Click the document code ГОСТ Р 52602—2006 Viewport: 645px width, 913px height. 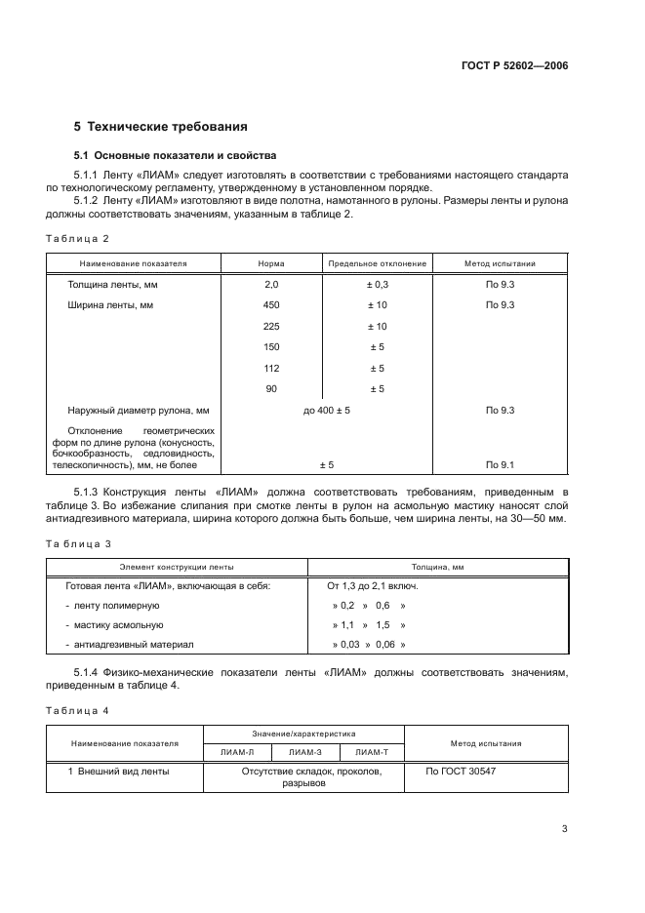point(513,66)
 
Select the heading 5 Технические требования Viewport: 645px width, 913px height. point(160,126)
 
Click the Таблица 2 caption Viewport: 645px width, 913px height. point(78,238)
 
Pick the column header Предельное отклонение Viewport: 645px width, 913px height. point(377,263)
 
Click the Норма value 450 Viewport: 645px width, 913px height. point(271,305)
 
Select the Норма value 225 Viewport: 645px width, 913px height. point(271,327)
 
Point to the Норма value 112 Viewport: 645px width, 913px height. point(271,368)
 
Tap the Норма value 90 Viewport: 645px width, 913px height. point(271,389)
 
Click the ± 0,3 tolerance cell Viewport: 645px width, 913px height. point(377,285)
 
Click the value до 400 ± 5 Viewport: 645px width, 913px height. point(326,411)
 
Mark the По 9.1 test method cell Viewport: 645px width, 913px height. point(500,465)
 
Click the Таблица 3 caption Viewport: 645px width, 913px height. point(78,542)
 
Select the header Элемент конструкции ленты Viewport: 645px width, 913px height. point(177,567)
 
